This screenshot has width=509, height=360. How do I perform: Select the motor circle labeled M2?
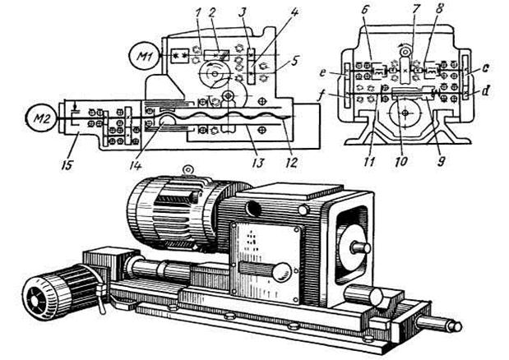(42, 118)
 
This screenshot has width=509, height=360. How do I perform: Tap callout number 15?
(67, 164)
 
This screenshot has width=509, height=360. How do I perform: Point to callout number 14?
(136, 165)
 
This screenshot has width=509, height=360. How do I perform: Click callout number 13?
(259, 163)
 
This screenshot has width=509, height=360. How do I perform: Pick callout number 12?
(292, 162)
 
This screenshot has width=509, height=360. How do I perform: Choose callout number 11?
(369, 161)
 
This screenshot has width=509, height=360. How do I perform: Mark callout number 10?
(402, 161)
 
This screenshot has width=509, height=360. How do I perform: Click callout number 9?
(440, 161)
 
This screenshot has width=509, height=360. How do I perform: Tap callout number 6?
(365, 10)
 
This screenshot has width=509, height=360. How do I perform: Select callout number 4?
(294, 13)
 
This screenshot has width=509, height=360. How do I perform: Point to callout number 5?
(294, 61)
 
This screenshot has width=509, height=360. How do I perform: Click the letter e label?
(322, 72)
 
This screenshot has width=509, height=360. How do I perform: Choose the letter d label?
(485, 91)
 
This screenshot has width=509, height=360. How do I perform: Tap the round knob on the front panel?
(282, 272)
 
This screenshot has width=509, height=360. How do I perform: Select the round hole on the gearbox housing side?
(253, 209)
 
